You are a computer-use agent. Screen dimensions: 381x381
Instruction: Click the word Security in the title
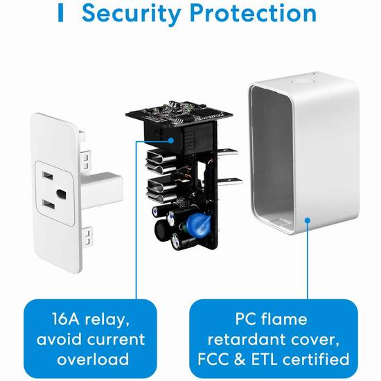point(132,13)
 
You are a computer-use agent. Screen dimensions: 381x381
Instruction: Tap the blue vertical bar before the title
point(60,13)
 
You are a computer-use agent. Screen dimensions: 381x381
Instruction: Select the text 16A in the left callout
point(66,319)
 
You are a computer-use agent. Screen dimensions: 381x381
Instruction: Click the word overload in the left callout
point(93,359)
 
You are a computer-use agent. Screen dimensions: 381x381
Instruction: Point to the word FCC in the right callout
point(213,359)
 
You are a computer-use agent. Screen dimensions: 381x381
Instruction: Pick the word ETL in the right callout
point(264,359)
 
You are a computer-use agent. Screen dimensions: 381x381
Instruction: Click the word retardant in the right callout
point(244,339)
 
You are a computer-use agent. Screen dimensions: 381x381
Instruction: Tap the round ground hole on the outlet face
point(61,194)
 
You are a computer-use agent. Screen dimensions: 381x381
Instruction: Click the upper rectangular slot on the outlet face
point(47,175)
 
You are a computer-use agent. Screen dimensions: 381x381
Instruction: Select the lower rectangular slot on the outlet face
point(48,204)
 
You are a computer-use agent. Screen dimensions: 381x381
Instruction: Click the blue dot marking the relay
point(171,141)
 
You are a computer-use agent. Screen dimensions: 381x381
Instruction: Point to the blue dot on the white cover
point(308,220)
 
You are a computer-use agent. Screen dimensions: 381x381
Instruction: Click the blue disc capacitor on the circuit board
point(198,224)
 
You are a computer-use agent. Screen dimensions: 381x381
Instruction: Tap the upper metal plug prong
point(227,152)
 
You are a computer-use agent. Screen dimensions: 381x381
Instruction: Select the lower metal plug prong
point(230,182)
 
